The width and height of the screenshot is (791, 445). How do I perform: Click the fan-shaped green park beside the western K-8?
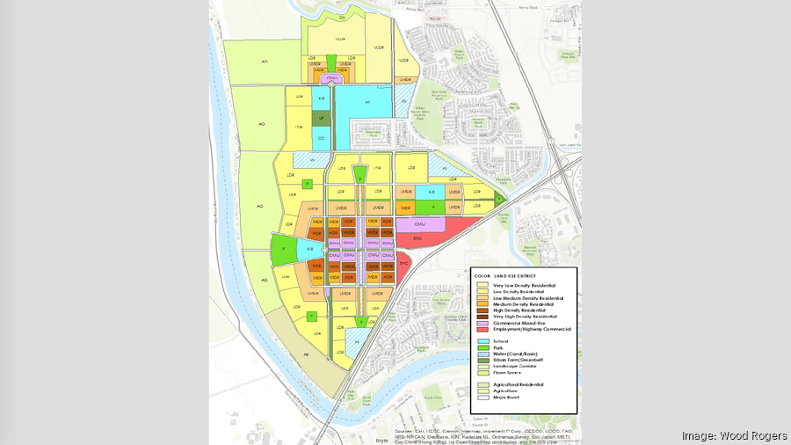click(x=284, y=250)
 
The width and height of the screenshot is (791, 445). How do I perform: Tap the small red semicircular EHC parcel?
click(x=403, y=265)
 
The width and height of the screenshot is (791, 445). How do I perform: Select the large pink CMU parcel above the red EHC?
click(x=419, y=225)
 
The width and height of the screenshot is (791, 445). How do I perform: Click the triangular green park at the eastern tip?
click(x=499, y=200)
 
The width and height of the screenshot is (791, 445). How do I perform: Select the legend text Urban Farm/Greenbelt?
click(x=520, y=360)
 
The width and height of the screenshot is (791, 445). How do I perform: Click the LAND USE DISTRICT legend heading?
click(x=522, y=276)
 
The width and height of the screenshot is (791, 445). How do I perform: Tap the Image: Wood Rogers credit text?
click(x=733, y=435)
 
